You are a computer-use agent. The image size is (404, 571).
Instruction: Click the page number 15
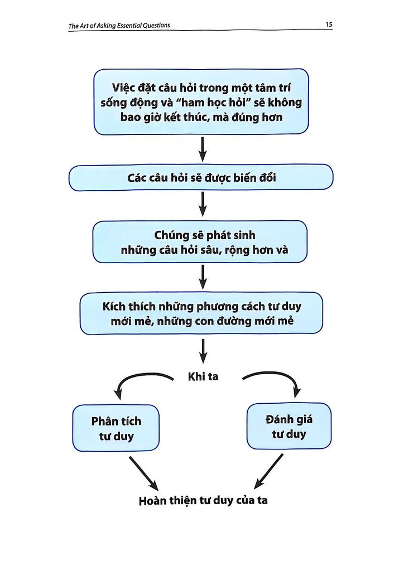click(328, 25)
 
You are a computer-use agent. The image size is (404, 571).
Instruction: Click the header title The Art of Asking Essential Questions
click(119, 25)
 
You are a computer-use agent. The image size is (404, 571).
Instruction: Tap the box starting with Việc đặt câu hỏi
click(201, 101)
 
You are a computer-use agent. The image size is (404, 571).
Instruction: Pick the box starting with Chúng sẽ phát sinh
click(200, 241)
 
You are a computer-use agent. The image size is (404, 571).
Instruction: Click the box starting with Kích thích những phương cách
click(201, 313)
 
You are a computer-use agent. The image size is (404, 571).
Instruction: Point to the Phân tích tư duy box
click(116, 428)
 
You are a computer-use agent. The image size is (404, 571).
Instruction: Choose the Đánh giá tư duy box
click(288, 426)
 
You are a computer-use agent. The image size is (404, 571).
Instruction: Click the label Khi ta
click(203, 377)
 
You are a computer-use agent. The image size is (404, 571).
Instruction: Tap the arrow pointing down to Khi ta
click(203, 350)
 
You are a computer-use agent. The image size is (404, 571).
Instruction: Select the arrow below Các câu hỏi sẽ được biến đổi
click(203, 205)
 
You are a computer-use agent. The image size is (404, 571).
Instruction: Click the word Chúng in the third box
click(173, 235)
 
